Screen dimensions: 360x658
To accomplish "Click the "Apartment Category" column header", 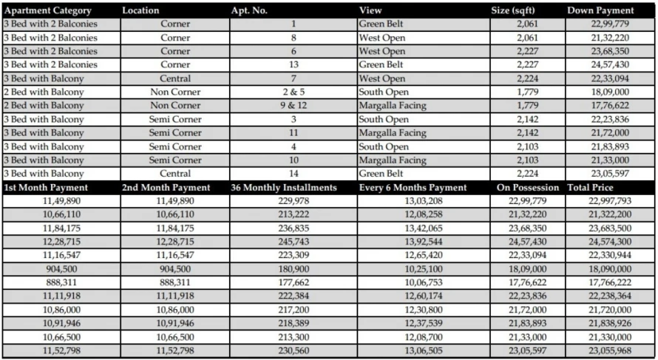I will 48,10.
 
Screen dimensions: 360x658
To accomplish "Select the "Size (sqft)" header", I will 515,10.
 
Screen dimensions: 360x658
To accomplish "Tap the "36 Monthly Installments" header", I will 284,188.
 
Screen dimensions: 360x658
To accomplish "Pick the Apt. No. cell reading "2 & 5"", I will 294,92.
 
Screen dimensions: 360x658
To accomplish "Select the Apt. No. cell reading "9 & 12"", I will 294,106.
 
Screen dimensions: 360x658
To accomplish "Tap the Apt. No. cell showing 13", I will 294,65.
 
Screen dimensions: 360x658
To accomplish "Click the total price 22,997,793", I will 610,201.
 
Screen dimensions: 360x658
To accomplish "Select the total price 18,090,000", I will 610,269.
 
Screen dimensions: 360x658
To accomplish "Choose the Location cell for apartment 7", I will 175,78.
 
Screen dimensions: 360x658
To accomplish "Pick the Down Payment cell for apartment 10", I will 610,160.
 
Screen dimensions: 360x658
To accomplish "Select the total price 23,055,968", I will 610,350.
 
